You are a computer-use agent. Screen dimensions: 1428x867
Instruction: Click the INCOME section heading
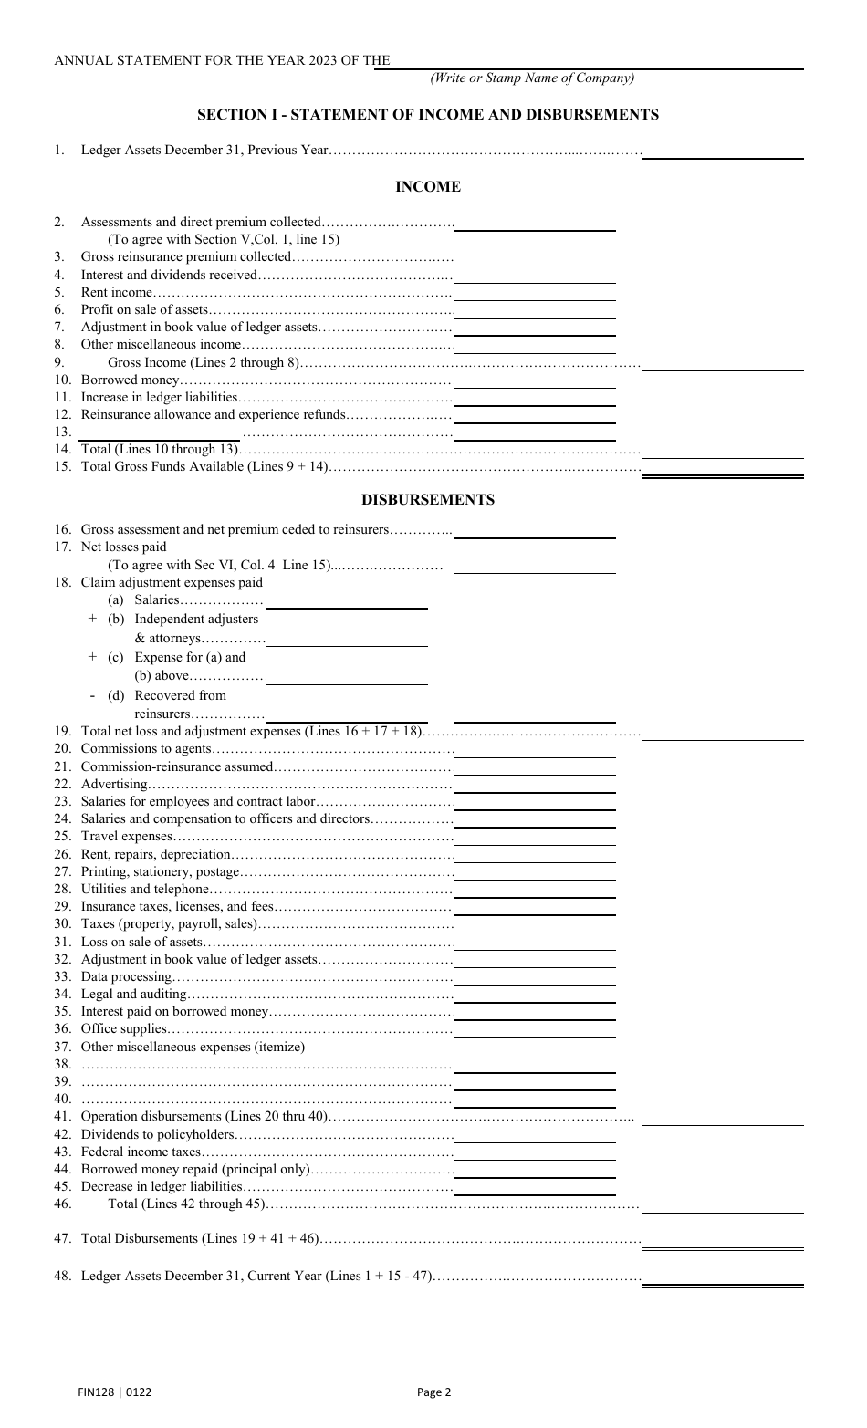tap(427, 187)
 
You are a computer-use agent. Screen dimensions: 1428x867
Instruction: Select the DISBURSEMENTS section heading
tap(427, 500)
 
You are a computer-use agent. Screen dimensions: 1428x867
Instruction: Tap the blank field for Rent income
tap(535, 294)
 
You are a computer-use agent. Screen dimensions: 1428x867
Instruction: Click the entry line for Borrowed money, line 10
tap(535, 380)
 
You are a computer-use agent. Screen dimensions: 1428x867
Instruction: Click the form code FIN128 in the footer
tap(95, 1392)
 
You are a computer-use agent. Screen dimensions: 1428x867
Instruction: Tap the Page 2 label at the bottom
tap(434, 1392)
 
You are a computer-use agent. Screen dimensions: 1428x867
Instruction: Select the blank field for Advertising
tap(535, 785)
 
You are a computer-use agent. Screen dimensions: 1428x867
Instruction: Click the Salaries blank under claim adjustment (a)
tap(347, 601)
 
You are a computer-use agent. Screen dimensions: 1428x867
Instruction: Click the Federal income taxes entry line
tap(535, 1152)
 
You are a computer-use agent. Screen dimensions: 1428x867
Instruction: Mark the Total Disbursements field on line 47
tap(723, 1241)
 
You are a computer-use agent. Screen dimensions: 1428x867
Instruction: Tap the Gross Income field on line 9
tap(723, 364)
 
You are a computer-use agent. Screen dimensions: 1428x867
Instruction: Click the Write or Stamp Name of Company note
tap(532, 78)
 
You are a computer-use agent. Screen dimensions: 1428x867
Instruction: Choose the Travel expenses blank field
tap(535, 837)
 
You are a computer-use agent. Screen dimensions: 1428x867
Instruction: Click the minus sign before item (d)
tap(92, 696)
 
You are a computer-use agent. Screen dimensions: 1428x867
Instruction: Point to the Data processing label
tap(126, 977)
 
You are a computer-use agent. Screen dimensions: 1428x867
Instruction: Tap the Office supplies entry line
tap(535, 1030)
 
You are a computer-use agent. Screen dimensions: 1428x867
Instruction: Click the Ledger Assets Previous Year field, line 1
tap(723, 151)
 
